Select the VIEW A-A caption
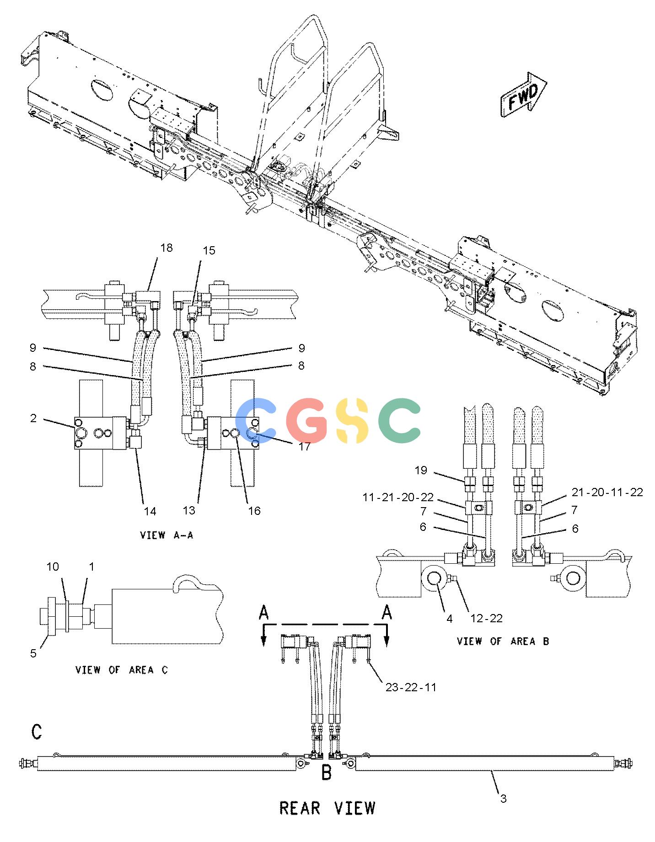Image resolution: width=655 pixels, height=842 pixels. [x=166, y=535]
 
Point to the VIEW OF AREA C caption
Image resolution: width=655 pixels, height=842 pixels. [x=122, y=670]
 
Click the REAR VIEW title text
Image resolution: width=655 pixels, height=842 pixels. [x=327, y=808]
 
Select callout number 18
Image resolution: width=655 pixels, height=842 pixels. [x=166, y=248]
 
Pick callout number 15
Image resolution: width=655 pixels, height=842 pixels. [x=209, y=250]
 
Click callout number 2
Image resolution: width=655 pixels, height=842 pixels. [x=33, y=418]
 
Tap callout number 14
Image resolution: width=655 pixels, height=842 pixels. [x=150, y=511]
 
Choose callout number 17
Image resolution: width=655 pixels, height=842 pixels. [x=305, y=446]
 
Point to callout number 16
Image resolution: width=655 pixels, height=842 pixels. [x=254, y=511]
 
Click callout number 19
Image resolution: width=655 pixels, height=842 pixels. [x=421, y=470]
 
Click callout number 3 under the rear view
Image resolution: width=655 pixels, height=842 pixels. [x=503, y=799]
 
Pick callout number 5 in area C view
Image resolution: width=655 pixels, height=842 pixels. [x=33, y=653]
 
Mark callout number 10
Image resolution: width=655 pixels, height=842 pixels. [x=53, y=567]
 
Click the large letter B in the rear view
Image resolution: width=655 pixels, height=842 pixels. [x=327, y=773]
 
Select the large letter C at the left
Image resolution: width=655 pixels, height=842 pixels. [x=37, y=731]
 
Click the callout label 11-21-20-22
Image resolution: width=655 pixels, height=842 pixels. [x=398, y=498]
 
